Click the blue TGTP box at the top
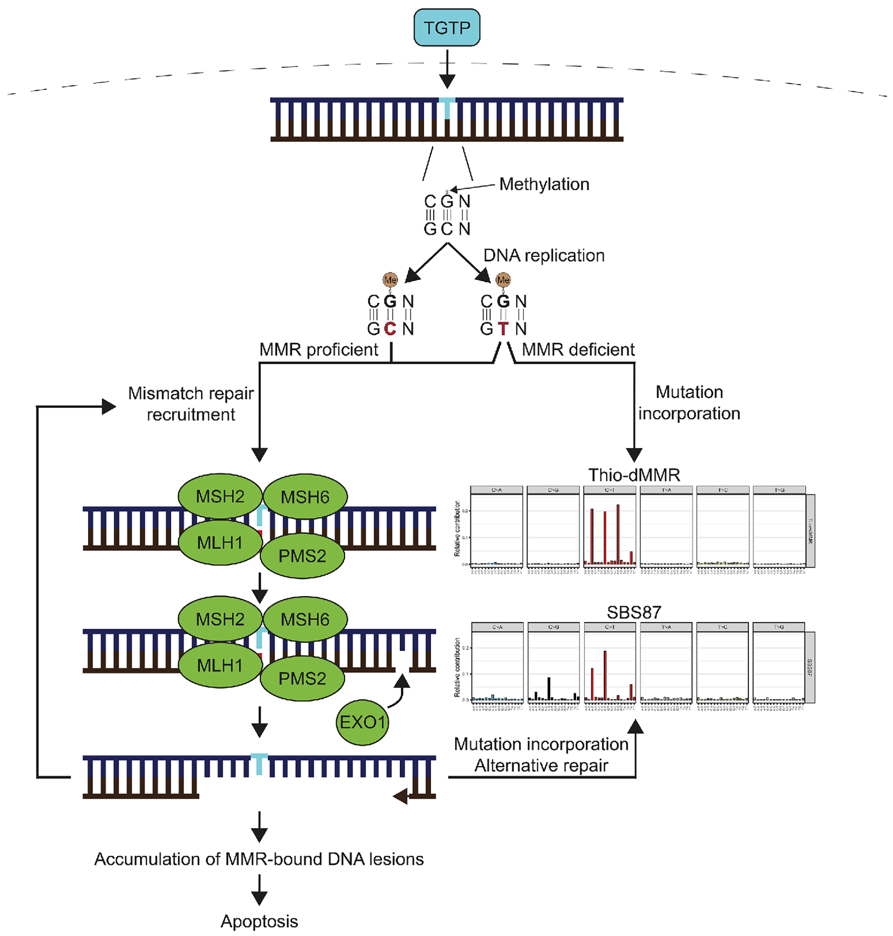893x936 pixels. tap(446, 28)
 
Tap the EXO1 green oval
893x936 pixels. tap(362, 722)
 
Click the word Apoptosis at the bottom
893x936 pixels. tap(259, 921)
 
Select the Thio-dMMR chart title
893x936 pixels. tap(634, 474)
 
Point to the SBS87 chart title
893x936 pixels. tap(634, 612)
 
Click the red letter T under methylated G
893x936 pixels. tap(503, 328)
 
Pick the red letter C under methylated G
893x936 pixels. tap(390, 328)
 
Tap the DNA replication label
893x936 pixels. tap(543, 256)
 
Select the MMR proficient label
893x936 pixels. tap(318, 350)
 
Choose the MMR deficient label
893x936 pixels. tap(578, 350)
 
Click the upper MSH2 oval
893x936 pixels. tap(220, 496)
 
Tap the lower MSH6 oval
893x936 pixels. tap(305, 619)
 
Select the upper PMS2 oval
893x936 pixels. tap(302, 555)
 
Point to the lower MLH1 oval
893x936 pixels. tap(220, 665)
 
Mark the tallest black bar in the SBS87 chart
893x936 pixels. tap(549, 688)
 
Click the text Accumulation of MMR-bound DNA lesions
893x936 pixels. tap(259, 859)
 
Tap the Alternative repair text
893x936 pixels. tap(541, 766)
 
